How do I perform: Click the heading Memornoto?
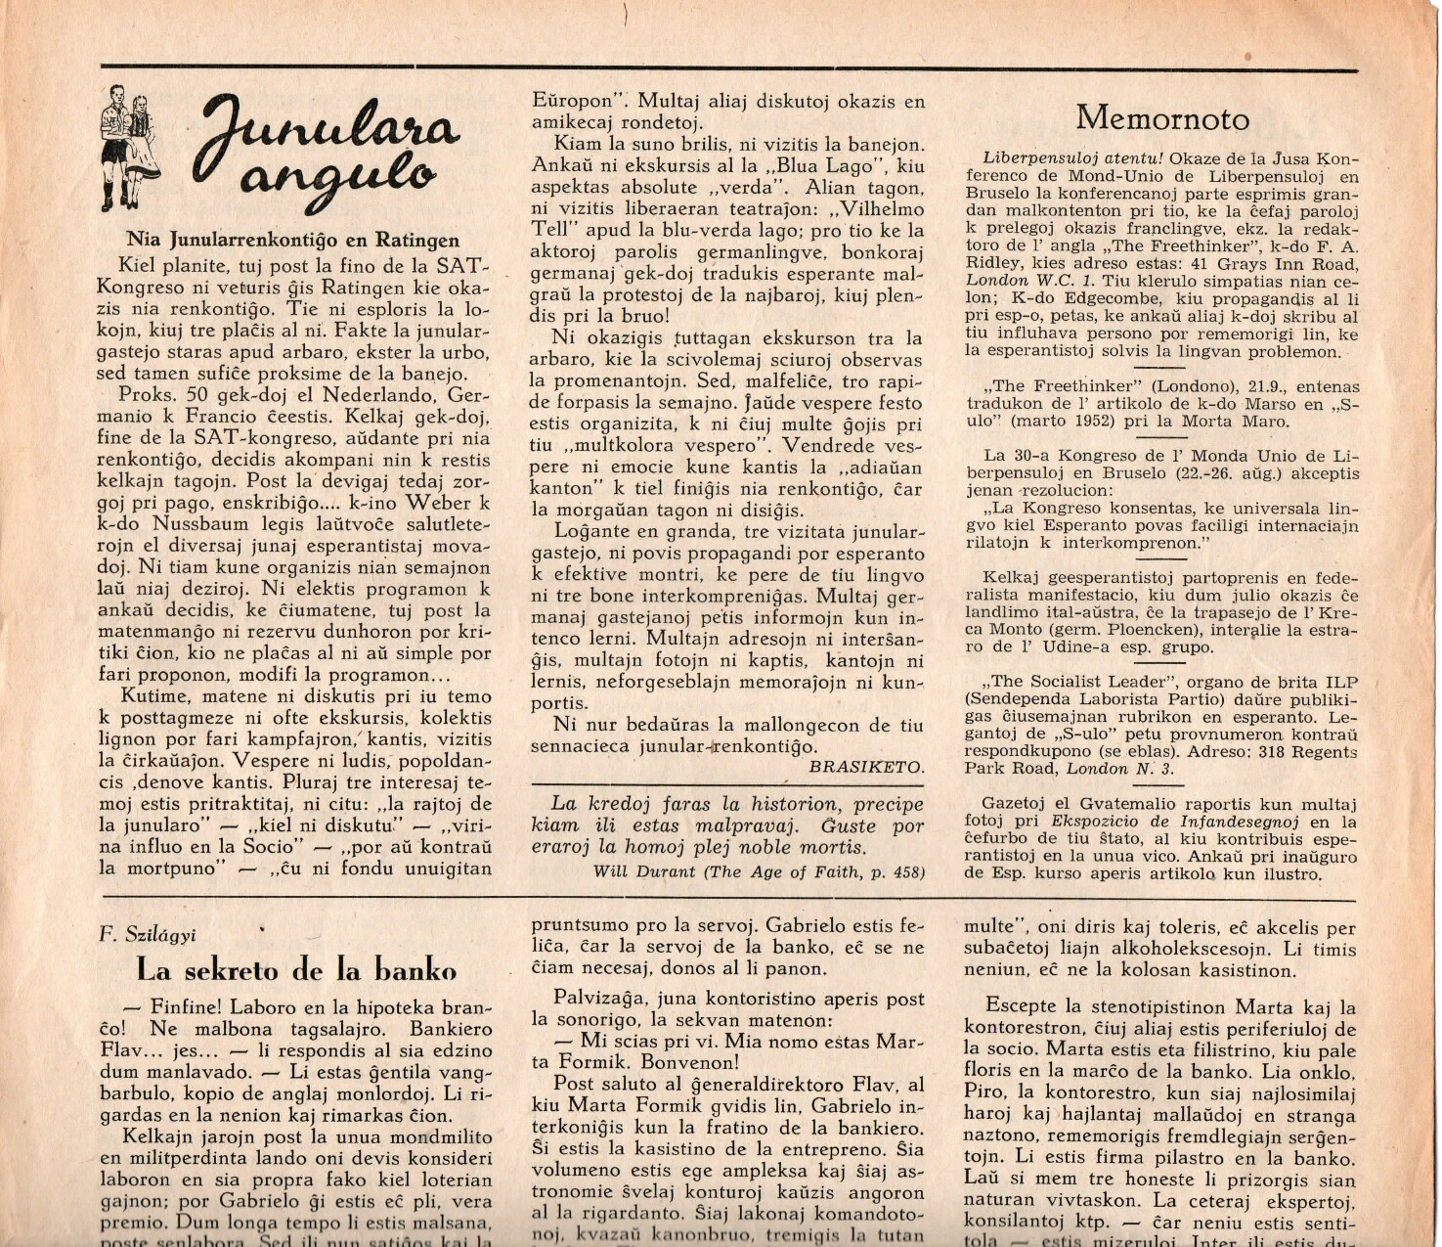1162,119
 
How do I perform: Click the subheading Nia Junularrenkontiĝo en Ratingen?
292,240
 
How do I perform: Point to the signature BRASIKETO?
865,768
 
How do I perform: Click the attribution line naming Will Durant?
758,871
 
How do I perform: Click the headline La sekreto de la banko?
296,970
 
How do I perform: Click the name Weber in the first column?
439,503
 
